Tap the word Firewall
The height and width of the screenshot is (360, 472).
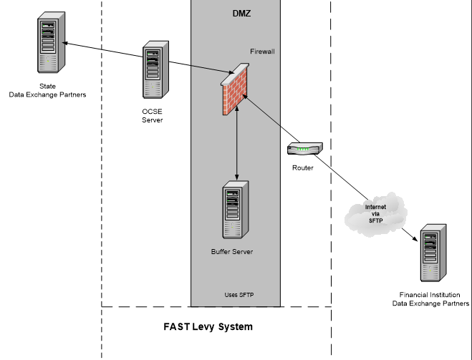click(x=262, y=52)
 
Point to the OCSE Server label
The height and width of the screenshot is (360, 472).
click(x=153, y=115)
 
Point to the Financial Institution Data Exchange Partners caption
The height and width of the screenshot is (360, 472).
click(x=430, y=299)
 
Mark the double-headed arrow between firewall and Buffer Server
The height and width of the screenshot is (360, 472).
click(x=237, y=143)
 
